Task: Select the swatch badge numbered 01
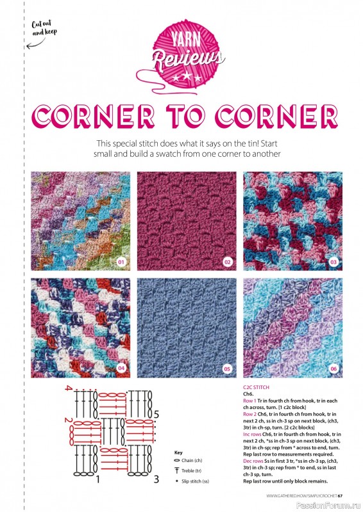point(121,262)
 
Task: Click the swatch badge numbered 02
point(227,262)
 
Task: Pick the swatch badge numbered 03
point(333,262)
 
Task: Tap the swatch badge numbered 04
point(121,369)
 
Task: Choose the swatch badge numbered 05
point(227,369)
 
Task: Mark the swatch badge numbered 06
point(333,369)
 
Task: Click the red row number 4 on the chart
point(67,389)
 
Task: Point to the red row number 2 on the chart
point(67,420)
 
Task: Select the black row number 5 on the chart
point(156,413)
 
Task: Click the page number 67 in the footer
point(341,494)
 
